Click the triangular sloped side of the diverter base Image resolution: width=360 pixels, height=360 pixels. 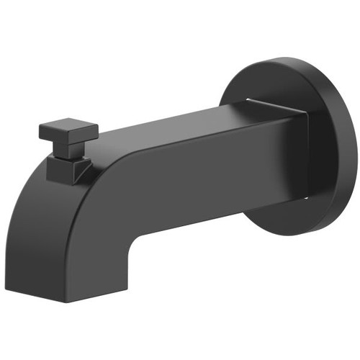[84, 168]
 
